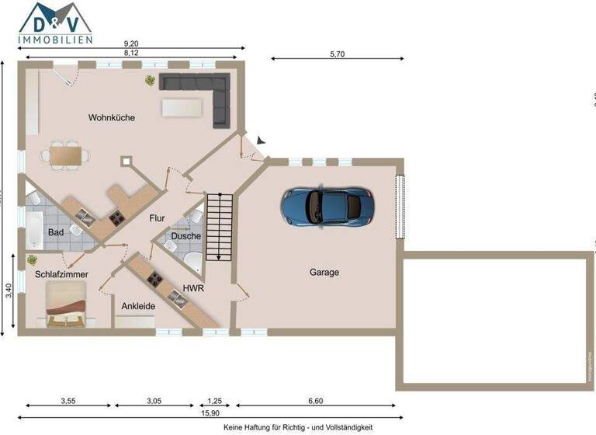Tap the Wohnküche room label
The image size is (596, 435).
[112, 118]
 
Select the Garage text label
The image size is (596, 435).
[324, 273]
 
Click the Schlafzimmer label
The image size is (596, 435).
[61, 275]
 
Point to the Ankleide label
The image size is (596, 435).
[138, 306]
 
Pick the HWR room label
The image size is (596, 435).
[193, 288]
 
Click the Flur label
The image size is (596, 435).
[158, 218]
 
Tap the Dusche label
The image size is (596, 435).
[186, 236]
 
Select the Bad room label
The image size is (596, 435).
[56, 232]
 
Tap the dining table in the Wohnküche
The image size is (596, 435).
[65, 155]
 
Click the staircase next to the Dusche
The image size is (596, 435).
[219, 226]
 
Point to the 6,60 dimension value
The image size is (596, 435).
[315, 400]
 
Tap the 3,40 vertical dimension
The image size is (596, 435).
[7, 292]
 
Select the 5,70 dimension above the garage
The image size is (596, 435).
[338, 54]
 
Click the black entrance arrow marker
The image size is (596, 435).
[262, 140]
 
